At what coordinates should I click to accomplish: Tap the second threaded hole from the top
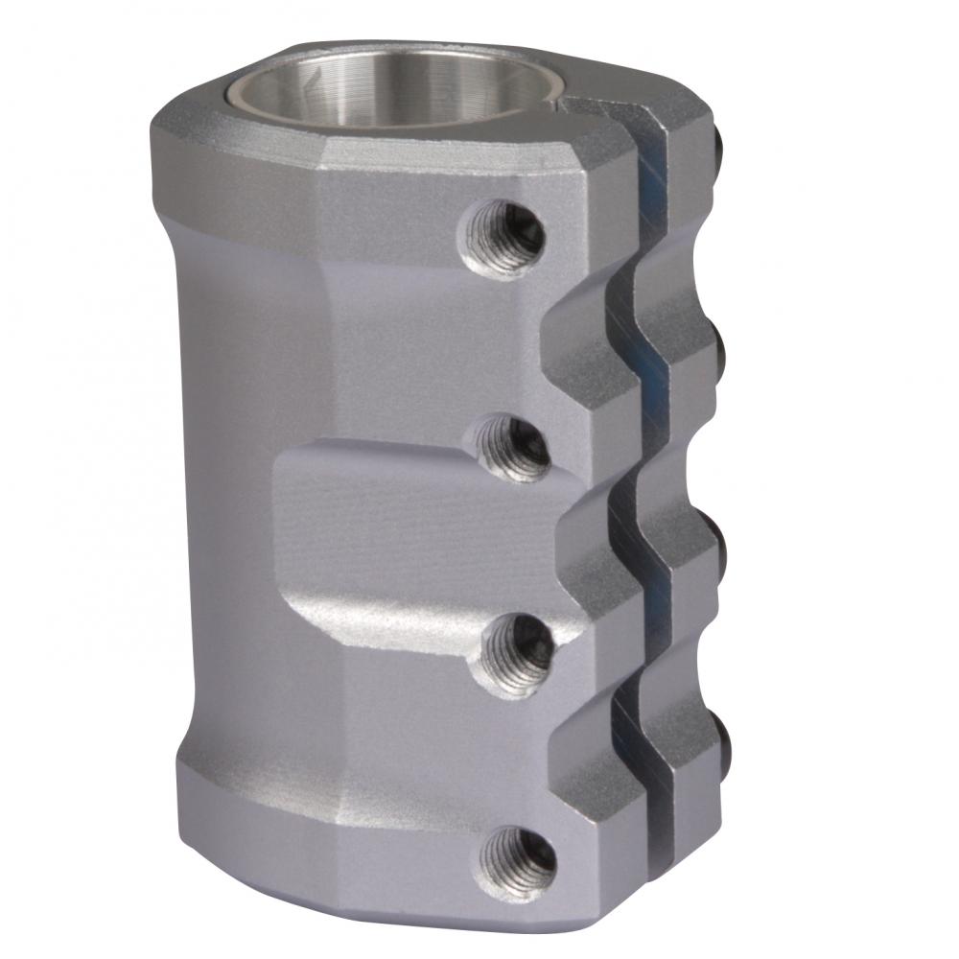point(513,448)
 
